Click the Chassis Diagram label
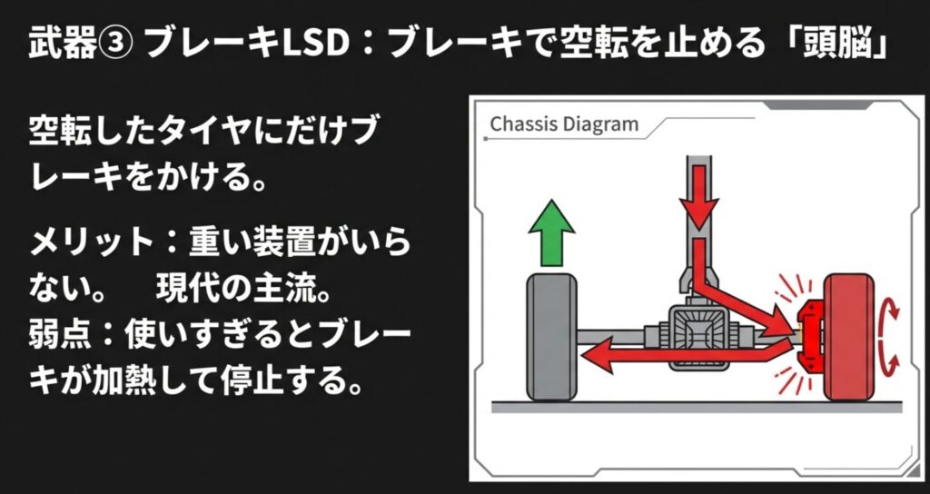click(x=564, y=124)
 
